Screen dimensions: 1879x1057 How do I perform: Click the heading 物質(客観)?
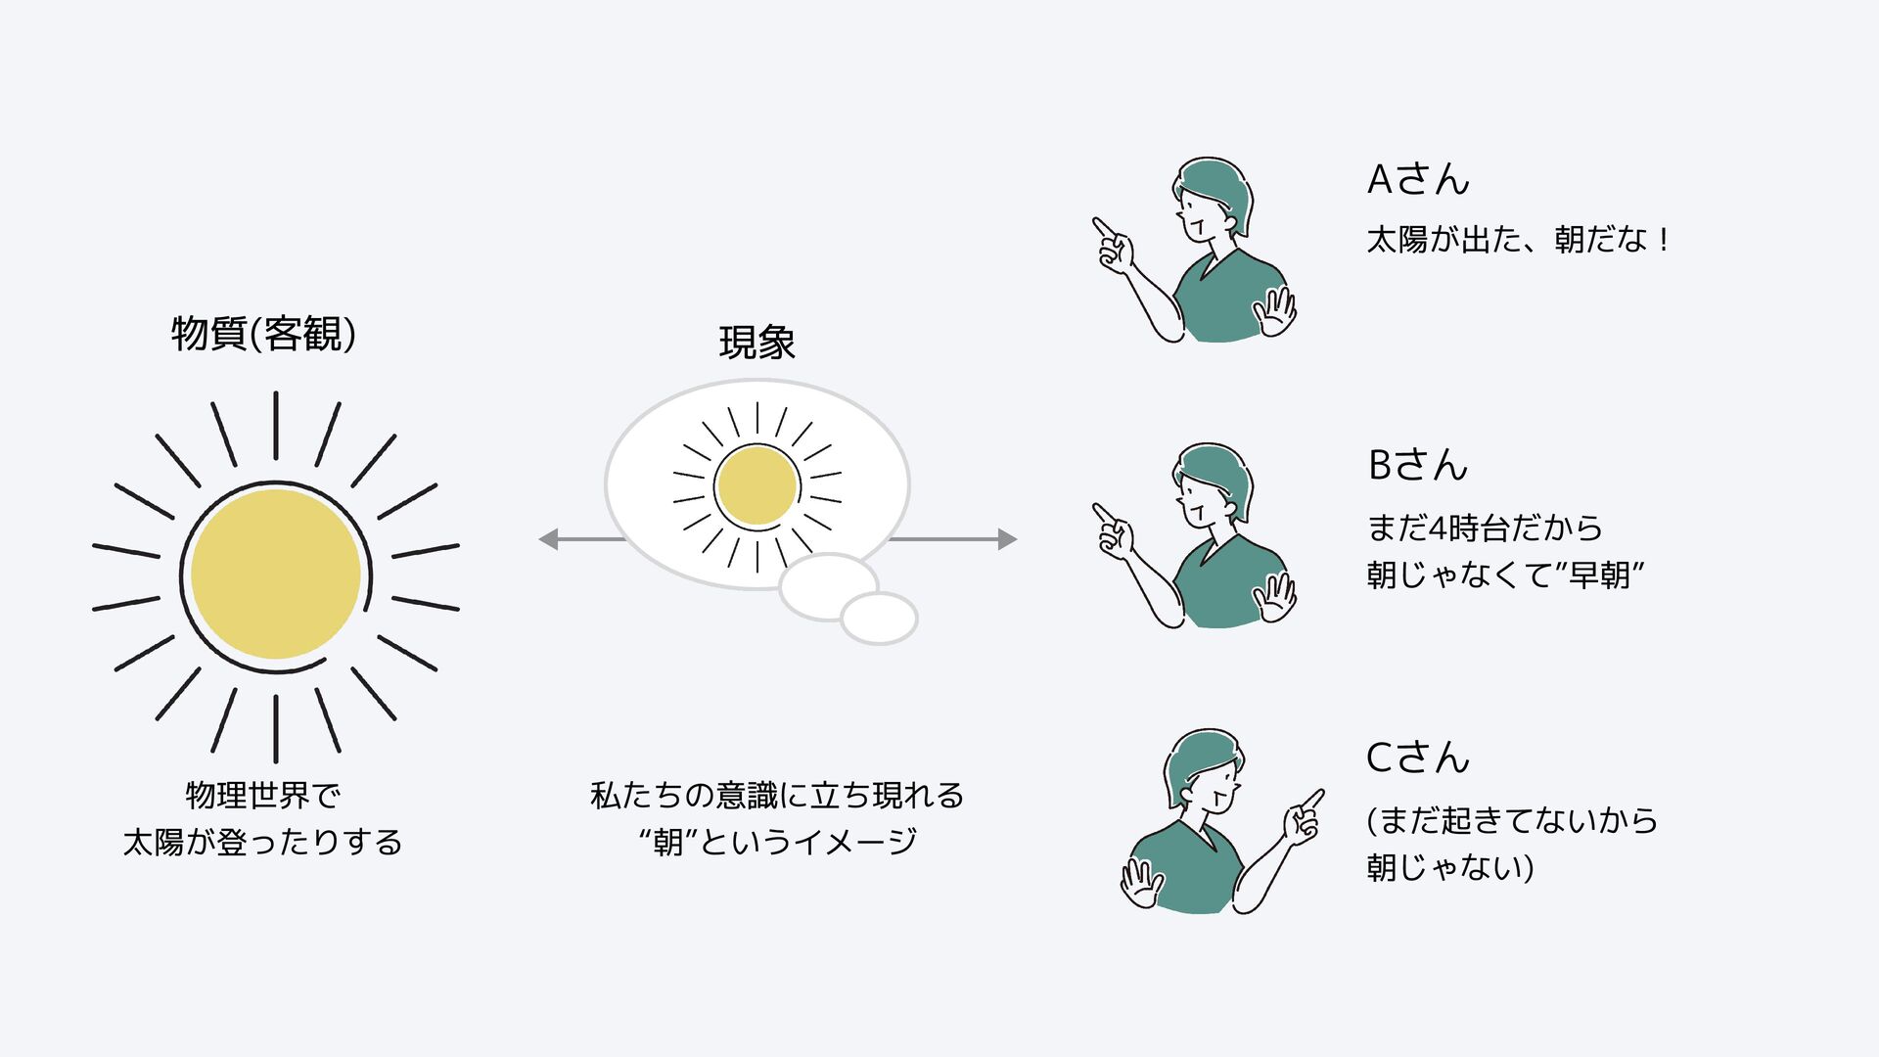(263, 334)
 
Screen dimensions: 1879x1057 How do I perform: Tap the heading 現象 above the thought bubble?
(756, 343)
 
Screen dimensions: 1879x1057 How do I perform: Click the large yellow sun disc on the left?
(275, 574)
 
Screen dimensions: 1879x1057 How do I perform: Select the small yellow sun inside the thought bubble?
(756, 485)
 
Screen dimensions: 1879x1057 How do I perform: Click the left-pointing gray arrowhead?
(549, 539)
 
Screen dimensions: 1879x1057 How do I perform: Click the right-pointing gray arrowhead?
(1007, 539)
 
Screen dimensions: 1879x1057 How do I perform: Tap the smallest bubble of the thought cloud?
(879, 618)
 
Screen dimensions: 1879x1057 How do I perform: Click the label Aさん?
(1418, 179)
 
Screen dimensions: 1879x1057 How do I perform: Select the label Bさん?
(1418, 465)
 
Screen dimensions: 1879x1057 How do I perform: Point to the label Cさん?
(1418, 758)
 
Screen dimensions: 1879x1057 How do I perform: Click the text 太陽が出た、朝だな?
(1517, 240)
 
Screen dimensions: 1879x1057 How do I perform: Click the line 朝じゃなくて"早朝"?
(1505, 574)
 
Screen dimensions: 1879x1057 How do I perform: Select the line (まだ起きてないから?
(1512, 820)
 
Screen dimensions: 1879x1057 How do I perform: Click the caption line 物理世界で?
(262, 795)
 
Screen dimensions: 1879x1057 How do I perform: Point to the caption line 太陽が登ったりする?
(262, 842)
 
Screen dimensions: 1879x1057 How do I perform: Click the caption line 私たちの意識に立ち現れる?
(777, 795)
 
